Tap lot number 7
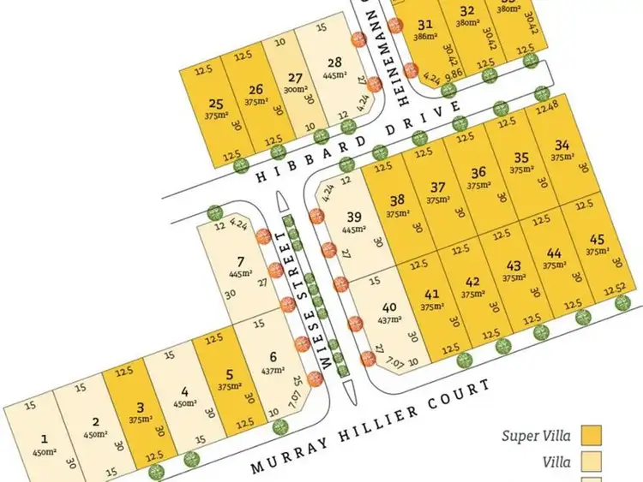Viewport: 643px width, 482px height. point(239,261)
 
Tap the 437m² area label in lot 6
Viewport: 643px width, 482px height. point(273,371)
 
